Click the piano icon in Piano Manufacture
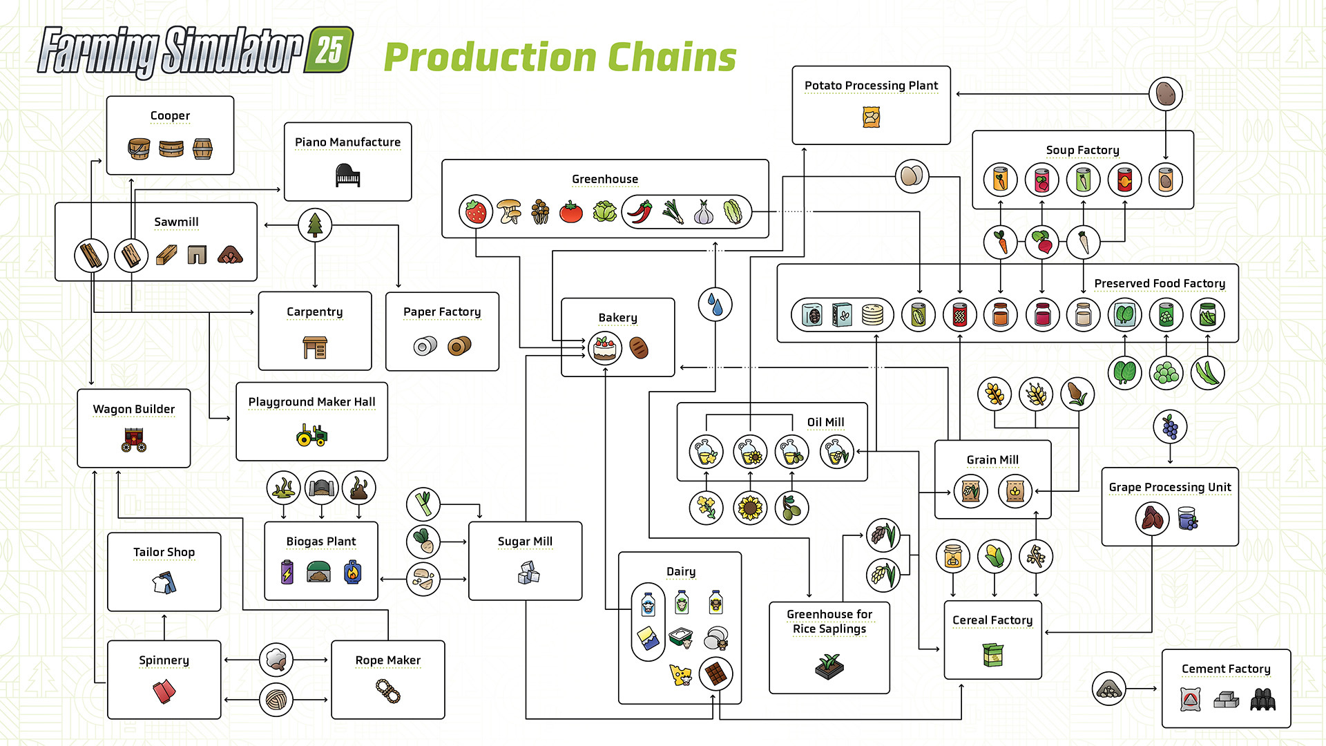(347, 175)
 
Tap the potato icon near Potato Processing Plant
(1166, 93)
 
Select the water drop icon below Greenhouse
(715, 305)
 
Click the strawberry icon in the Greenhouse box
(476, 211)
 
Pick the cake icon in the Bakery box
(605, 347)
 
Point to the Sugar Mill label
(525, 541)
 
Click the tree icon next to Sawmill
(315, 224)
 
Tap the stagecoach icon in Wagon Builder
(134, 439)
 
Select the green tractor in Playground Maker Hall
(311, 434)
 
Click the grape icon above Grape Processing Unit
(1170, 427)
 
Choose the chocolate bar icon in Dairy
(716, 673)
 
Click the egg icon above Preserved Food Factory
(912, 176)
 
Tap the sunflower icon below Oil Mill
(750, 508)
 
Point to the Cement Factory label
(1226, 669)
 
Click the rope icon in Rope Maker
(388, 690)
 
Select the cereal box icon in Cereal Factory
(993, 654)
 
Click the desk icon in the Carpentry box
(315, 347)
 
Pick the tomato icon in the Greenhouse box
(571, 212)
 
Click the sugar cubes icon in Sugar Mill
(528, 572)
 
